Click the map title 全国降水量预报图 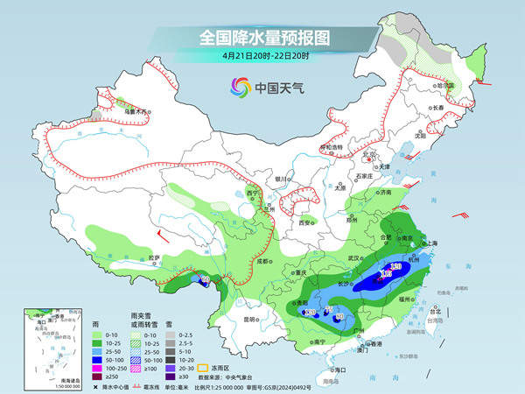262,38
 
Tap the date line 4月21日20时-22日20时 262,56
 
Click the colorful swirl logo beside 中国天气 239,87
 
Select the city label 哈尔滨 449,86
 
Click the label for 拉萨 154,257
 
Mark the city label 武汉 354,258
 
